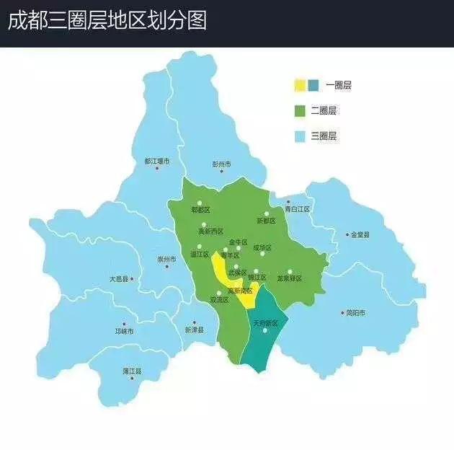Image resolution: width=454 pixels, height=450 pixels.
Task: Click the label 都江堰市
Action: pos(156,161)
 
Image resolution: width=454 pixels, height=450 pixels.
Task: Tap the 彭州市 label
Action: pos(222,164)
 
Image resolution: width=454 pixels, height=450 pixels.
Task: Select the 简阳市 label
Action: pos(356,313)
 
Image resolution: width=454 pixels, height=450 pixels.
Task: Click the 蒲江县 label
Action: pos(132,371)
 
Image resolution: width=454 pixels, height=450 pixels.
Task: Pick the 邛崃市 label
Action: pos(124,331)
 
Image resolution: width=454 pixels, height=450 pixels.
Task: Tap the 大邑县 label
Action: pos(119,278)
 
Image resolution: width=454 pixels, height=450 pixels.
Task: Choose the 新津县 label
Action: pos(194,330)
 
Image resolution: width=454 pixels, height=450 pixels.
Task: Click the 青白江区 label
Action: pos(296,209)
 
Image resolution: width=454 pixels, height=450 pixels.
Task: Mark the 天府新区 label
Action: pos(265,324)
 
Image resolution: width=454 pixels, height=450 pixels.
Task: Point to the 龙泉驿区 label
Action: pos(289,278)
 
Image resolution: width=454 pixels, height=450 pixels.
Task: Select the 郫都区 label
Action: pos(200,210)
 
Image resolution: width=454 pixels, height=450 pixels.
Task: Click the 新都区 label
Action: pos(266,221)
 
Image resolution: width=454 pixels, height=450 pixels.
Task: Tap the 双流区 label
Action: pos(220,299)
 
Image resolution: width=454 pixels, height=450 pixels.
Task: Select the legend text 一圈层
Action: pos(338,86)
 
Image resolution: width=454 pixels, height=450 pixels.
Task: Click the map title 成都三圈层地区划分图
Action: pos(107,20)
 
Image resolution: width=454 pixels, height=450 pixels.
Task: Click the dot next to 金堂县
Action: pos(347,234)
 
